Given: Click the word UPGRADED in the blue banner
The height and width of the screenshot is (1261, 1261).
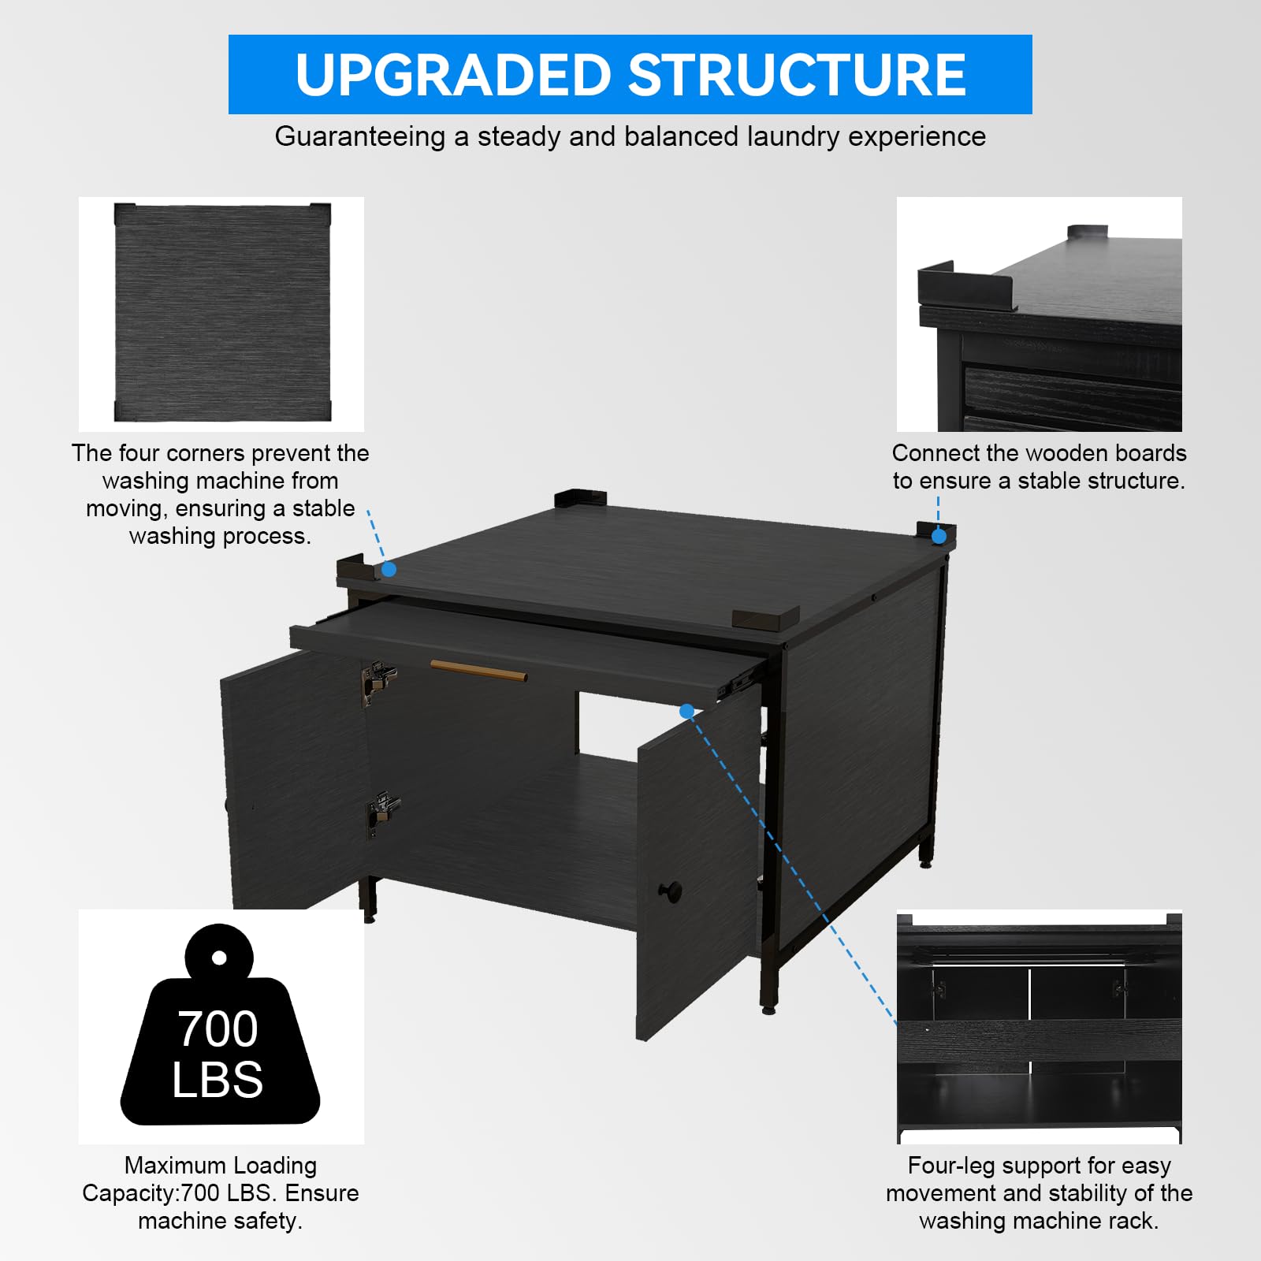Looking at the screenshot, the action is click(454, 75).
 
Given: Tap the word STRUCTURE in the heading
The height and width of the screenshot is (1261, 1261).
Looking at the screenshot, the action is click(797, 75).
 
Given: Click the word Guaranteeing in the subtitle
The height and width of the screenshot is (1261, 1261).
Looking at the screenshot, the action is click(360, 137).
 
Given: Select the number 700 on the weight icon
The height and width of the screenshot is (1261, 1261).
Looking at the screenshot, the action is click(218, 1029).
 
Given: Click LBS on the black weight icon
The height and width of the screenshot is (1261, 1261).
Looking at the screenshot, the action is click(218, 1079).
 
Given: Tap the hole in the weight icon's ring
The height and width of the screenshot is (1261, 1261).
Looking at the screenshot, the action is click(219, 958).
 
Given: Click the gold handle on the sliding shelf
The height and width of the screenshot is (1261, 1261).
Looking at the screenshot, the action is click(478, 671).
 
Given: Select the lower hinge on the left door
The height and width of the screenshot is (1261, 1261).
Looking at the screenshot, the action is click(382, 813).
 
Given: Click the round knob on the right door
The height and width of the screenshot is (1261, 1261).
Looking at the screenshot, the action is click(670, 891).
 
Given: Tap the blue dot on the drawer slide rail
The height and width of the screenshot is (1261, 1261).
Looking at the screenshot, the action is click(686, 711).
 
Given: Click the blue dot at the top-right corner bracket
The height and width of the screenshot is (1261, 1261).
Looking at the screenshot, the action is click(939, 536).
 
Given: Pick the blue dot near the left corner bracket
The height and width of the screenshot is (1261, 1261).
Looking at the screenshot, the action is click(389, 569).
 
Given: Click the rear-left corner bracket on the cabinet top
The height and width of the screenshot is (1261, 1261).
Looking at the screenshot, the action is click(581, 500).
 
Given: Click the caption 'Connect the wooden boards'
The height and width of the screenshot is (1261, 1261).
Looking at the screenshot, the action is click(1039, 453).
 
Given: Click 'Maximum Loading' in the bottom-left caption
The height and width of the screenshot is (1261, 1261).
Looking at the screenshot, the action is click(221, 1165).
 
